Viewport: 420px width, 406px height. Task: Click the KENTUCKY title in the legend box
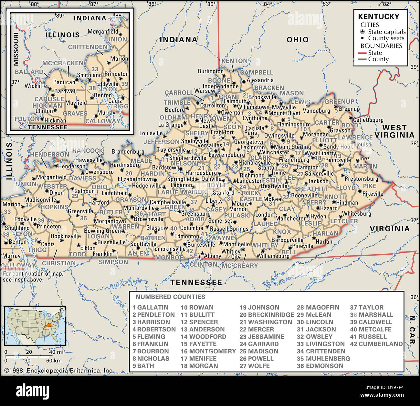pyautogui.click(x=379, y=16)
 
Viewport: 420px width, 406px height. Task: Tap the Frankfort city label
pyautogui.click(x=222, y=132)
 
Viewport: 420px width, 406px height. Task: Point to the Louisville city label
pyautogui.click(x=151, y=133)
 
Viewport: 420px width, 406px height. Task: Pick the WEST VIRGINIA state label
pyautogui.click(x=394, y=131)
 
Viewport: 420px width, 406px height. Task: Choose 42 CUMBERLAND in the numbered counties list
pyautogui.click(x=376, y=344)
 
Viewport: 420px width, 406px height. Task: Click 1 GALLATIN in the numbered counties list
pyautogui.click(x=150, y=307)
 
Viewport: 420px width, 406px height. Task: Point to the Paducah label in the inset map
pyautogui.click(x=64, y=82)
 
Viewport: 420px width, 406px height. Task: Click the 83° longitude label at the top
pyautogui.click(x=326, y=4)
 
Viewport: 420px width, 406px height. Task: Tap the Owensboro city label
pyautogui.click(x=99, y=172)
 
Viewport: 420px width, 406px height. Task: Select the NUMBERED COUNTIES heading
pyautogui.click(x=170, y=297)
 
